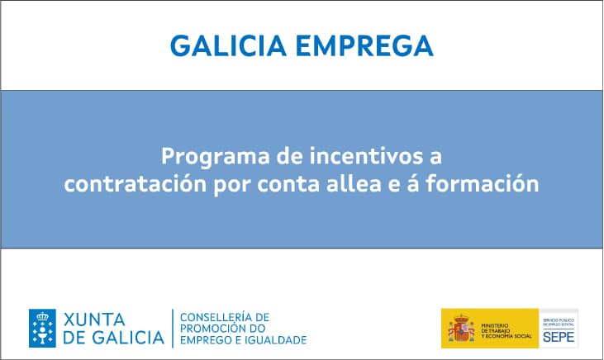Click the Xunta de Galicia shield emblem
pyautogui.click(x=43, y=327)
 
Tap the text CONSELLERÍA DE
pyautogui.click(x=224, y=316)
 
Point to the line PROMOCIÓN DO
pyautogui.click(x=220, y=328)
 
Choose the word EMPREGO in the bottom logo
pyautogui.click(x=206, y=339)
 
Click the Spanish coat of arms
pyautogui.click(x=461, y=328)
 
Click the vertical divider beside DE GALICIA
pyautogui.click(x=172, y=328)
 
